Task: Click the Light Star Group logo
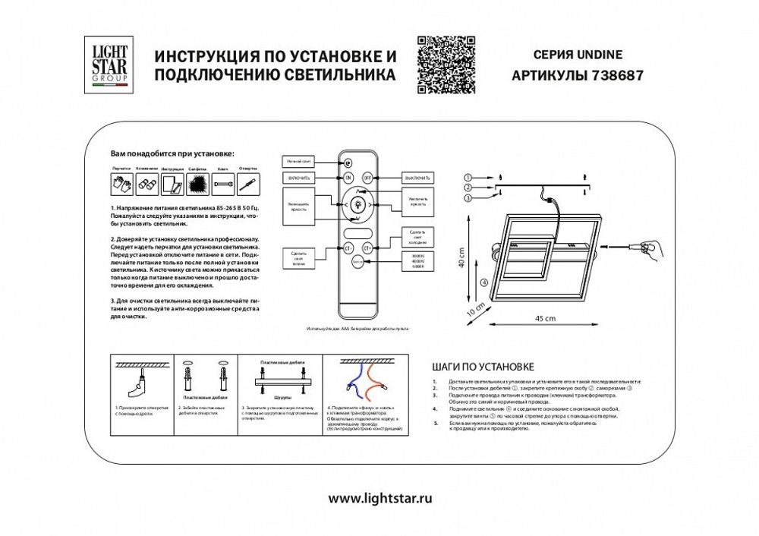click(x=110, y=65)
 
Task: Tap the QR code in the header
click(x=446, y=65)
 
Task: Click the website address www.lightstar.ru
click(x=380, y=499)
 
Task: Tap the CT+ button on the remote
click(x=368, y=247)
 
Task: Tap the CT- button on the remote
click(x=348, y=247)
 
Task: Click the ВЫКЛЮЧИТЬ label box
click(x=417, y=178)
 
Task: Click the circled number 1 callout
click(x=468, y=177)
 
